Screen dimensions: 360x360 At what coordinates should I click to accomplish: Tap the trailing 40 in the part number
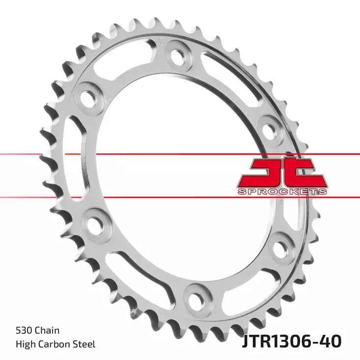click(330, 340)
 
